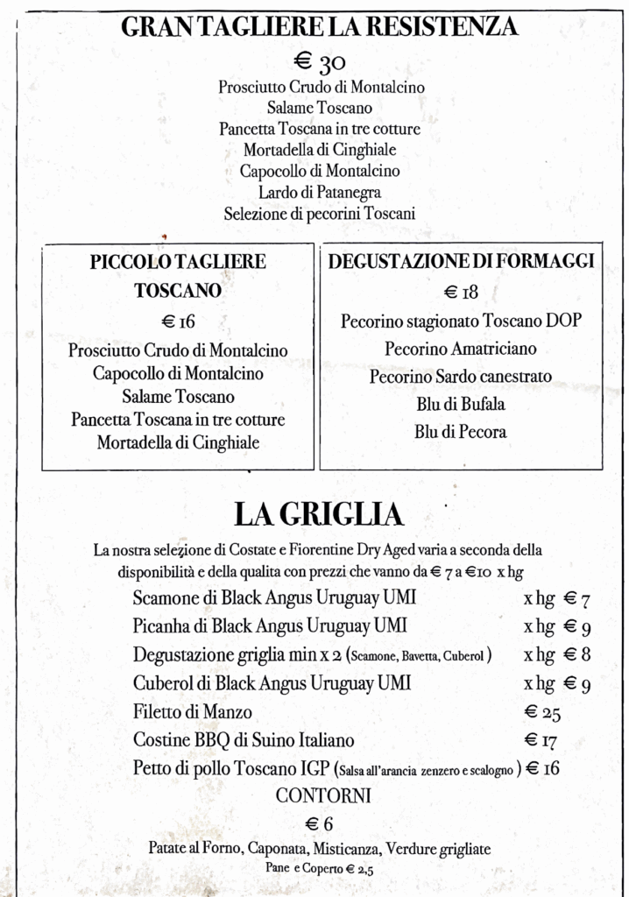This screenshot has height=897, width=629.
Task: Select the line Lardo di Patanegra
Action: (x=319, y=193)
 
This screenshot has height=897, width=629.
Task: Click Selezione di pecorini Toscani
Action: (x=319, y=213)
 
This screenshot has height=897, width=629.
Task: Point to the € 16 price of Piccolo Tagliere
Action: (x=178, y=321)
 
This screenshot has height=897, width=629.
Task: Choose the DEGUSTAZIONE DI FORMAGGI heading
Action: (x=461, y=261)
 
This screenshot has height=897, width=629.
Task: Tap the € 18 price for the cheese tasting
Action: (x=461, y=293)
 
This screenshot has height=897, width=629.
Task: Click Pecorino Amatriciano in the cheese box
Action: (x=461, y=349)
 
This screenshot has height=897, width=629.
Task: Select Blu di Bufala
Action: (x=461, y=405)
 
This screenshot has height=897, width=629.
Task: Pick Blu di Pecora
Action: (x=461, y=432)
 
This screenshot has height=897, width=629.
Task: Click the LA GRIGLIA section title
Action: (x=318, y=514)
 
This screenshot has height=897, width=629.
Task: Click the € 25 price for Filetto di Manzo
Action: (x=542, y=712)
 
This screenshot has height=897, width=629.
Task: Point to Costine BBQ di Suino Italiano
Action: (x=244, y=740)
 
